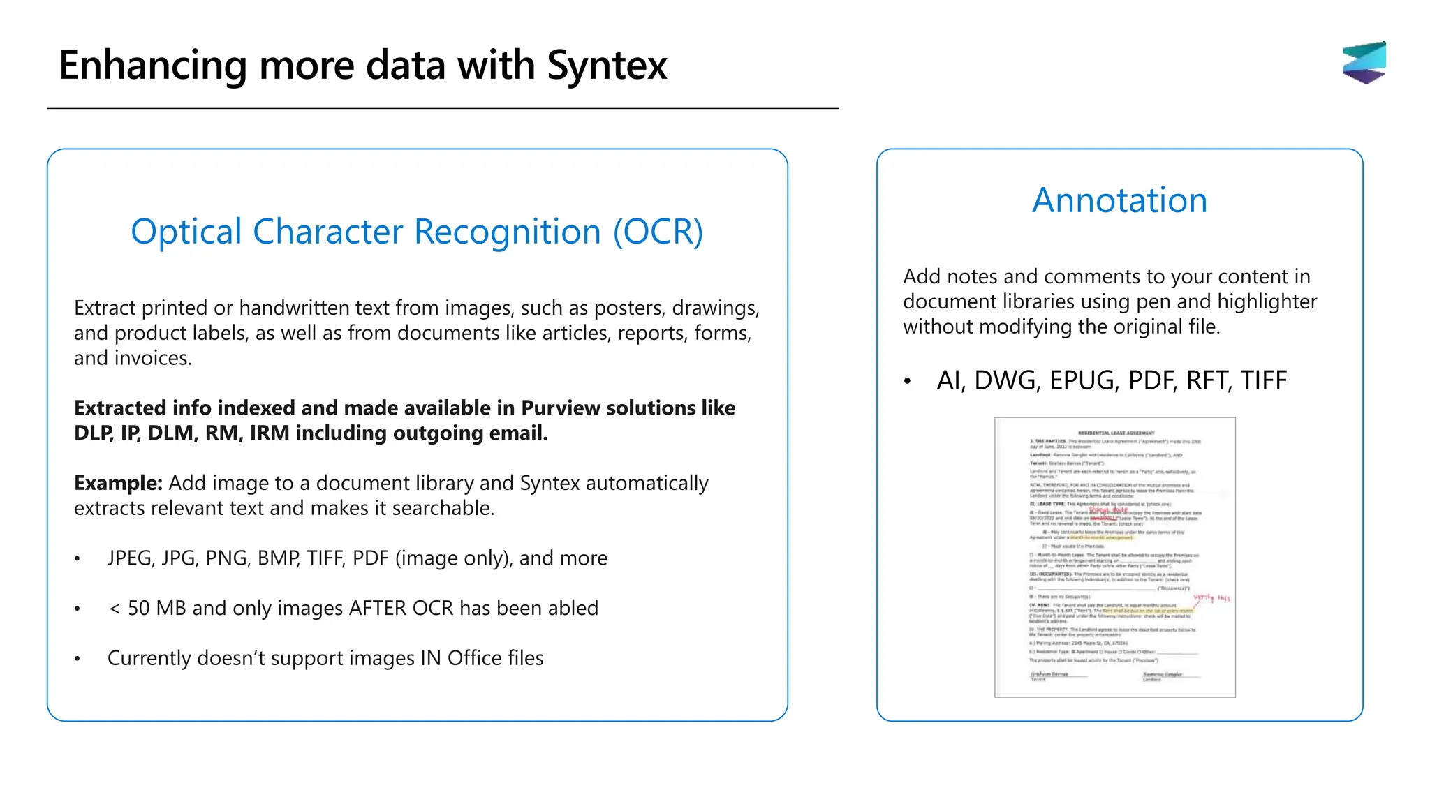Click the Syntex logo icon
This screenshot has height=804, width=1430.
[1364, 62]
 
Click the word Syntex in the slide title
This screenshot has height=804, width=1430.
[607, 66]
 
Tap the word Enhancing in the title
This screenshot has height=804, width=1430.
[152, 66]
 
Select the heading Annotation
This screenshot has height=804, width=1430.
[1119, 200]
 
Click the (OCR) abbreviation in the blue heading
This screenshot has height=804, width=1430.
[657, 232]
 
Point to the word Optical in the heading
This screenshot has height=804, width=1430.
[186, 232]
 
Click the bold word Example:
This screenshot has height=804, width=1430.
[118, 483]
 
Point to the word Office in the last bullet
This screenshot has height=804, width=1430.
[475, 658]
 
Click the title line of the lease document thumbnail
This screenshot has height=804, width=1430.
[1116, 433]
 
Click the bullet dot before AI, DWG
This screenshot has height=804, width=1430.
[907, 382]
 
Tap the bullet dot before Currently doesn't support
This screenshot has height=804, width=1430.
[78, 659]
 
